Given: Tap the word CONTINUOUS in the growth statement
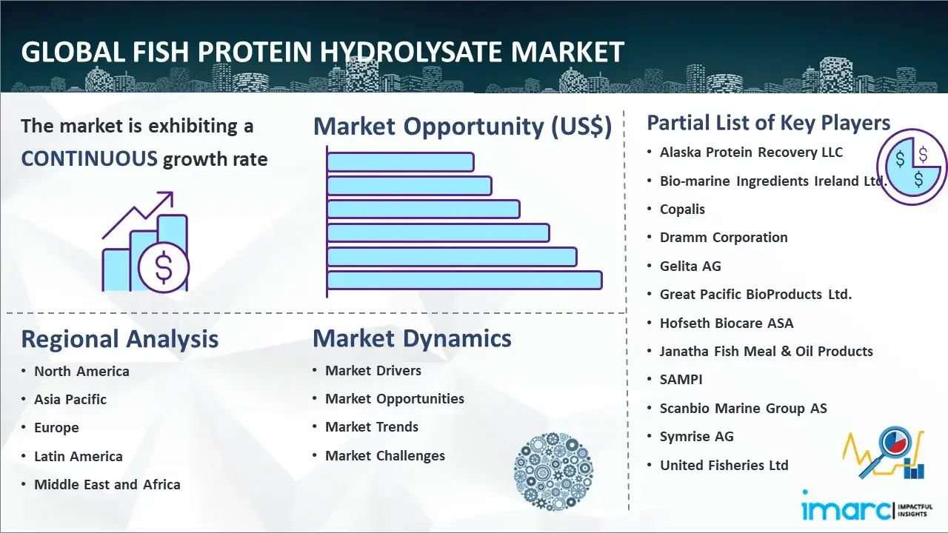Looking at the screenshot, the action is tap(90, 159).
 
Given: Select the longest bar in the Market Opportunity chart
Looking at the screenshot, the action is tap(464, 281).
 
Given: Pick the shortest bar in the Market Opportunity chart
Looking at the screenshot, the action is tap(401, 162).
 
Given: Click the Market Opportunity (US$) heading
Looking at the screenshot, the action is tap(463, 127).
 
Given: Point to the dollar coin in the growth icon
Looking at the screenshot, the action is tap(164, 267).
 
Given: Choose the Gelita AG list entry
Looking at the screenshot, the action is tap(690, 266).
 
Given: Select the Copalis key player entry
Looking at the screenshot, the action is tap(682, 209).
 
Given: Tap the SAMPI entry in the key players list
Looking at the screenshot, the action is tap(681, 380).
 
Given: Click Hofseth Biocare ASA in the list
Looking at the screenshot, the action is tap(727, 324).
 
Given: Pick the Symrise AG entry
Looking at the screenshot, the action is tap(697, 437).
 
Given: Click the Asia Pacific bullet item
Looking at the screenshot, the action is tap(70, 399).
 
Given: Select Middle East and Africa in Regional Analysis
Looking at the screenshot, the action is tap(107, 484).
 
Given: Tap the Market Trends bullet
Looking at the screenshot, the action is tap(372, 427).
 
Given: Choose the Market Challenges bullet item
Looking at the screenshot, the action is tap(385, 455).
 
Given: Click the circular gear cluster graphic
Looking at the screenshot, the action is tap(553, 472).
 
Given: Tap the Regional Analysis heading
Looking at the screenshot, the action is tap(120, 339).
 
